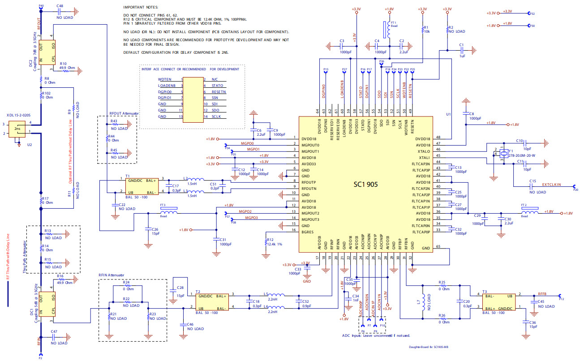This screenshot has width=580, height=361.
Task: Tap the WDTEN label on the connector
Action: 164,79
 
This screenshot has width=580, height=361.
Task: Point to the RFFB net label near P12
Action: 542,294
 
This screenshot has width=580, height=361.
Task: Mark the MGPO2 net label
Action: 245,211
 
